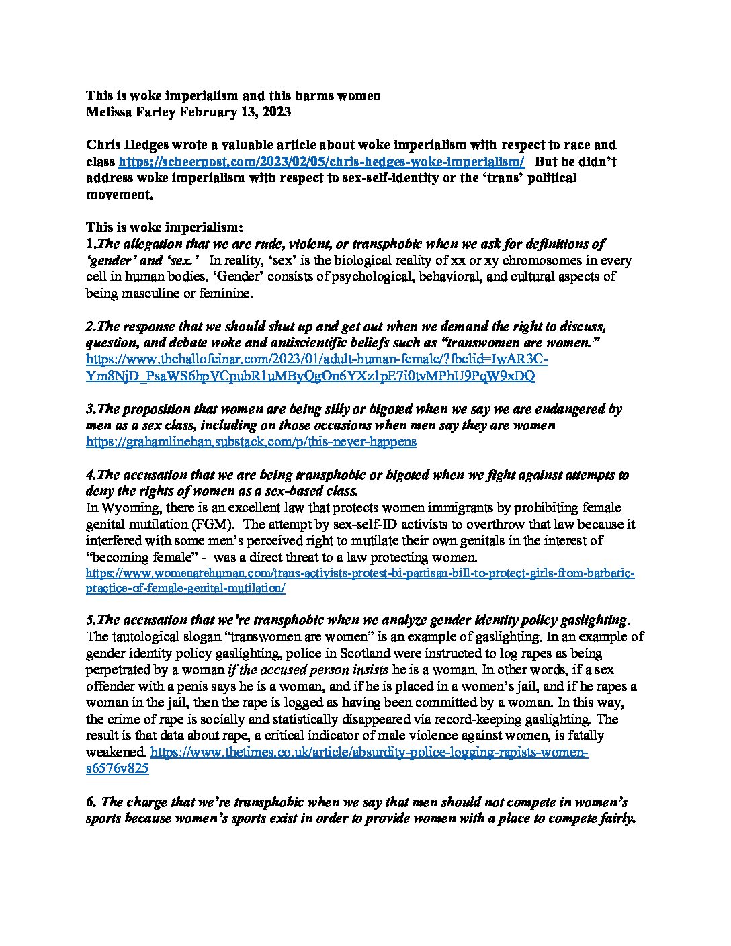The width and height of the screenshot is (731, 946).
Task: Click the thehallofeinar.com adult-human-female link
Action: (x=316, y=360)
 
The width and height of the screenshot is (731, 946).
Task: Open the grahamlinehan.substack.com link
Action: (x=251, y=442)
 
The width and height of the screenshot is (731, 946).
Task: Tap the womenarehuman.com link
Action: (x=359, y=574)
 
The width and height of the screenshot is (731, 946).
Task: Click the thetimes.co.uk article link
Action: (x=369, y=752)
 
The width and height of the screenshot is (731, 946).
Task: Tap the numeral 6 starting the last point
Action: (x=89, y=802)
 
